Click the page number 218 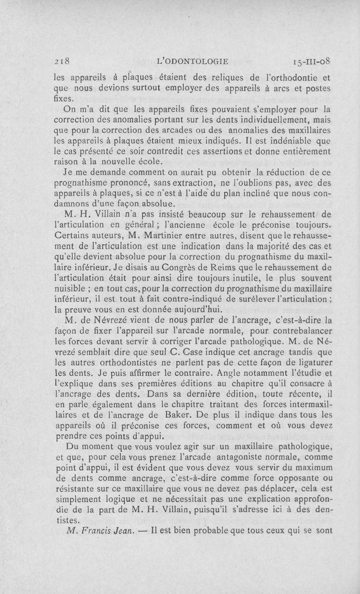[60, 62]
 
